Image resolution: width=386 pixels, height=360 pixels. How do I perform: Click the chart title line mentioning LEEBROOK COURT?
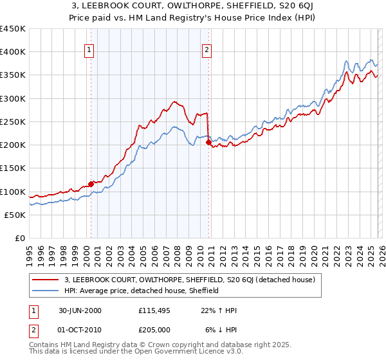tap(192, 6)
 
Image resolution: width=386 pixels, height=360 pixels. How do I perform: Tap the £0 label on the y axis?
tap(19, 239)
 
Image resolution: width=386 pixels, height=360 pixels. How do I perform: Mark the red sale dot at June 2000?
tap(91, 184)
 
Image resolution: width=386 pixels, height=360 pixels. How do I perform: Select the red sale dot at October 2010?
tap(208, 143)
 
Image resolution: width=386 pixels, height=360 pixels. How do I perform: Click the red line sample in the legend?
tap(46, 280)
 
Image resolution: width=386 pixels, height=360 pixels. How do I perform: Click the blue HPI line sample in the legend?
tap(46, 291)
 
